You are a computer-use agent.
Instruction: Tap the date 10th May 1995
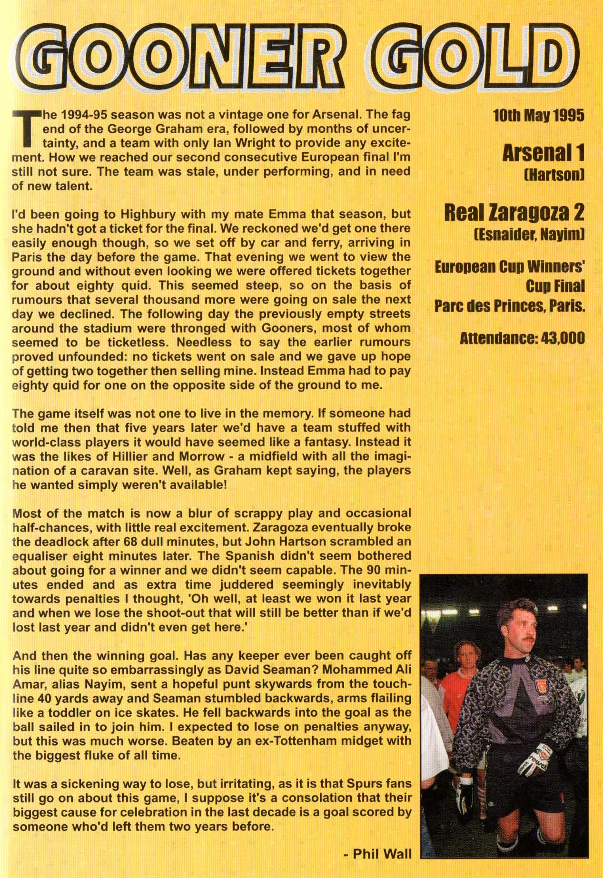(x=538, y=116)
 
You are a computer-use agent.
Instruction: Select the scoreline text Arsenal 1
(x=543, y=153)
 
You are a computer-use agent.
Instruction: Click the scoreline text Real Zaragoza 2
(x=514, y=213)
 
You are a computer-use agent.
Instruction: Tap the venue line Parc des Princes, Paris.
(x=509, y=306)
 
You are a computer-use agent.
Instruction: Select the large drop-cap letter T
(x=23, y=129)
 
